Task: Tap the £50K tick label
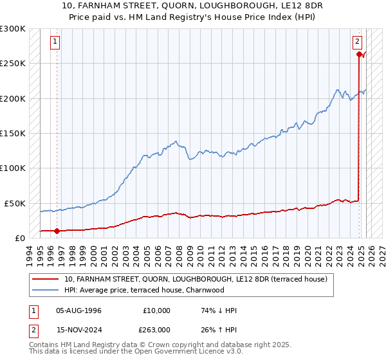click(x=14, y=203)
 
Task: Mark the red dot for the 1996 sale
click(x=57, y=230)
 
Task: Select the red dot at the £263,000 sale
click(x=358, y=54)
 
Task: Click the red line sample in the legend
click(x=46, y=280)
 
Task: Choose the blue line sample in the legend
click(x=46, y=290)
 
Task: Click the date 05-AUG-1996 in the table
click(x=79, y=310)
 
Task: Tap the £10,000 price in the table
click(x=156, y=310)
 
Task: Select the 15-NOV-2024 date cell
click(x=79, y=329)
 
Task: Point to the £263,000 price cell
click(x=156, y=329)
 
